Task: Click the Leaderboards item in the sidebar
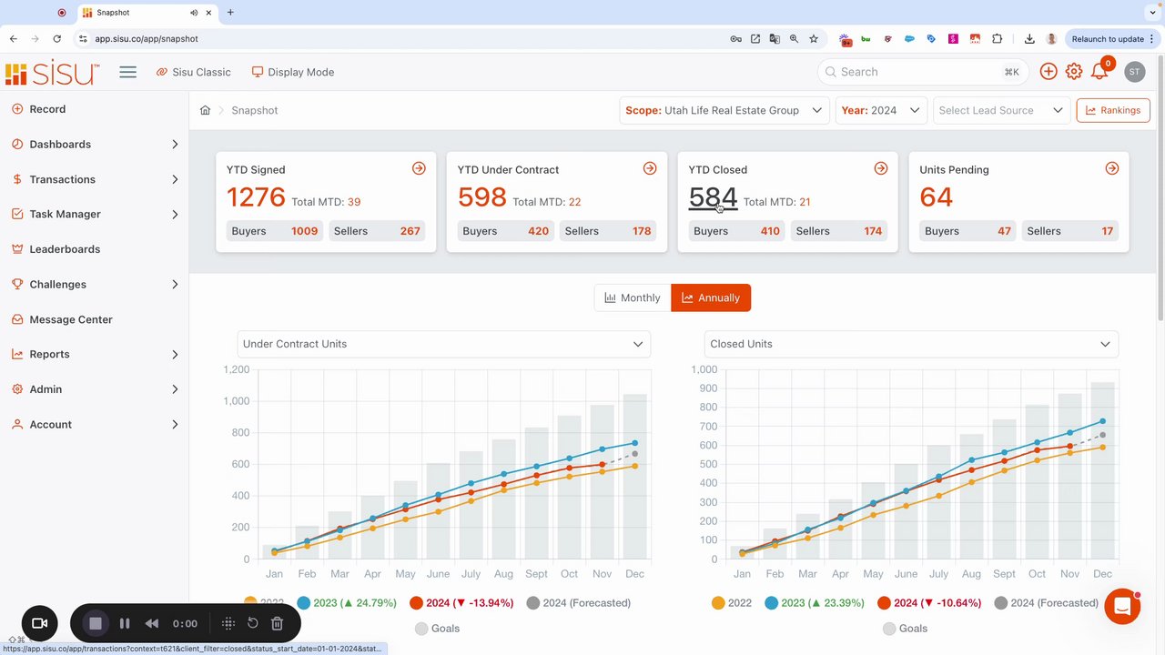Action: [65, 249]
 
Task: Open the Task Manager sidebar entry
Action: [65, 214]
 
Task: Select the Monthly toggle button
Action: [633, 297]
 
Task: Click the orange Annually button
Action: [711, 297]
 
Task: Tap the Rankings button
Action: [1112, 110]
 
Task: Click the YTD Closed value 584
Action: [713, 197]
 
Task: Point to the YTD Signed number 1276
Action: [256, 197]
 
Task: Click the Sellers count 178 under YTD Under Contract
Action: [642, 231]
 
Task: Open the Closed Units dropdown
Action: [910, 344]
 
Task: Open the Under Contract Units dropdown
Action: [443, 344]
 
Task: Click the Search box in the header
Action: [919, 72]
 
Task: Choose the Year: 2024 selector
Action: [880, 110]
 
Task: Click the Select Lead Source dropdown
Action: [1000, 110]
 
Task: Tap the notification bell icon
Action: [1099, 72]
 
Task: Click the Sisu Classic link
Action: [193, 72]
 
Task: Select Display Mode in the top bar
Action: [293, 72]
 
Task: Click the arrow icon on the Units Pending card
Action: [1111, 168]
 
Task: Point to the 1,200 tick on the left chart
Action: [237, 369]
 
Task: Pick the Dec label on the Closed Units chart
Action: [1102, 574]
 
